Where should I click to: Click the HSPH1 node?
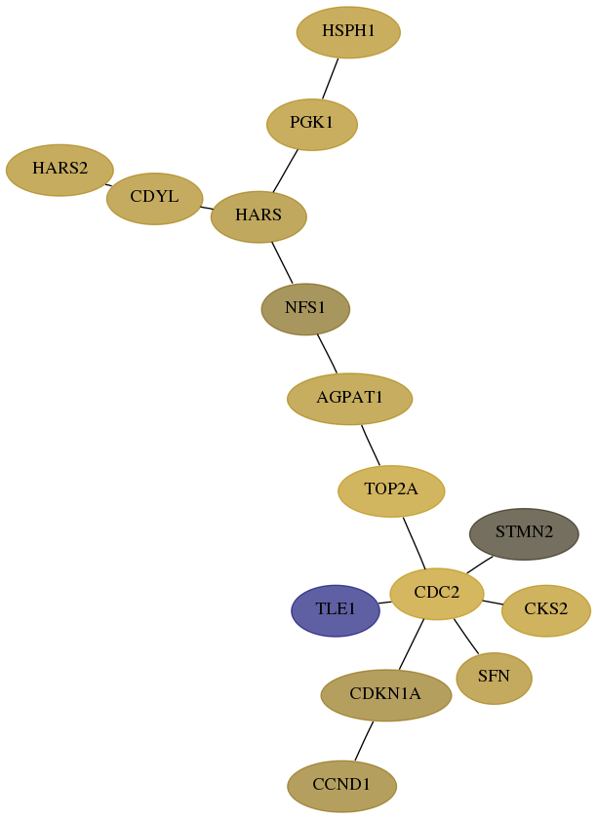(348, 32)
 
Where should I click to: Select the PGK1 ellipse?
(312, 125)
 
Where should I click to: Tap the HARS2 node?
(60, 170)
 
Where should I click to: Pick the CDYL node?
(155, 199)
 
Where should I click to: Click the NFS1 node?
(305, 309)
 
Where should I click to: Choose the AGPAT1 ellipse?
(350, 399)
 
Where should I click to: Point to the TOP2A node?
(391, 491)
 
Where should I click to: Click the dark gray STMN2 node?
(525, 534)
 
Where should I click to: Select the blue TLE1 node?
(336, 610)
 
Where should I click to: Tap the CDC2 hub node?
(437, 594)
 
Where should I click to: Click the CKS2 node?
(546, 610)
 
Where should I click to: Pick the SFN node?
(494, 678)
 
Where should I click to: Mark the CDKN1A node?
(385, 695)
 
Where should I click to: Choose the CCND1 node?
(341, 786)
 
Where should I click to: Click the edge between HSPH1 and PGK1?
(331, 78)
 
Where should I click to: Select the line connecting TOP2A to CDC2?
(414, 543)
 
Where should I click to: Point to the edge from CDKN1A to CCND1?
(365, 741)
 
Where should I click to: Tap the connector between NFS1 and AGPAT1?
(327, 354)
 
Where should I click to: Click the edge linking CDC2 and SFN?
(466, 636)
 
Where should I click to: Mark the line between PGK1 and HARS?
(286, 171)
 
